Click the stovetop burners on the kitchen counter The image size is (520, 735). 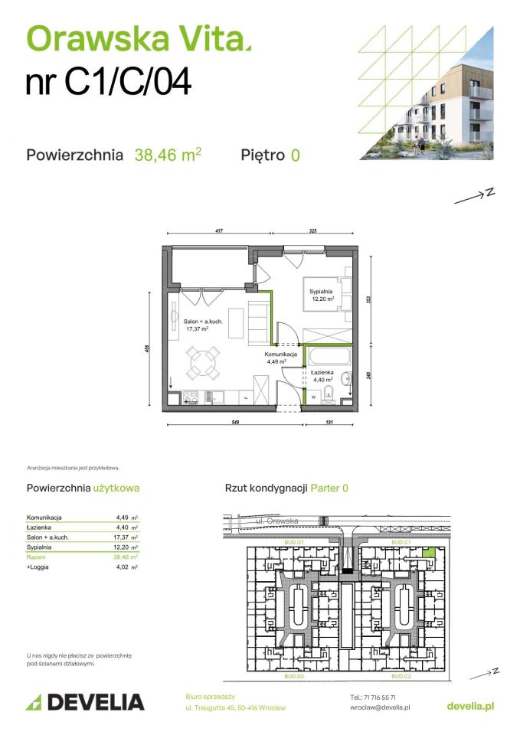coord(190,397)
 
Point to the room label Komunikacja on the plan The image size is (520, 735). coord(281,354)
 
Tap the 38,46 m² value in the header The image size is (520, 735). coord(168,155)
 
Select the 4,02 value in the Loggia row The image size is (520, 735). coord(122,567)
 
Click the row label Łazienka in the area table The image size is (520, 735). coord(40,528)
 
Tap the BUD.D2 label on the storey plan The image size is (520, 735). coord(295,678)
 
